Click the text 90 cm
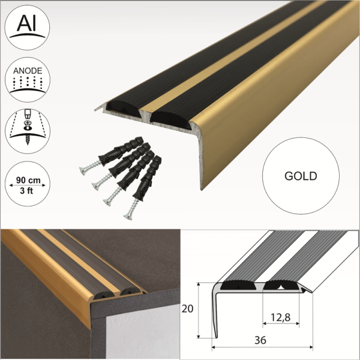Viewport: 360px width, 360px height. (x=27, y=179)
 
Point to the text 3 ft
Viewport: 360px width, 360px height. (x=27, y=191)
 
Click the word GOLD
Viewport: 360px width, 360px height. (x=301, y=176)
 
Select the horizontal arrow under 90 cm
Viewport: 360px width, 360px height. (x=27, y=185)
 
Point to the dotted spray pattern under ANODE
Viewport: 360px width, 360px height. (x=27, y=85)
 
